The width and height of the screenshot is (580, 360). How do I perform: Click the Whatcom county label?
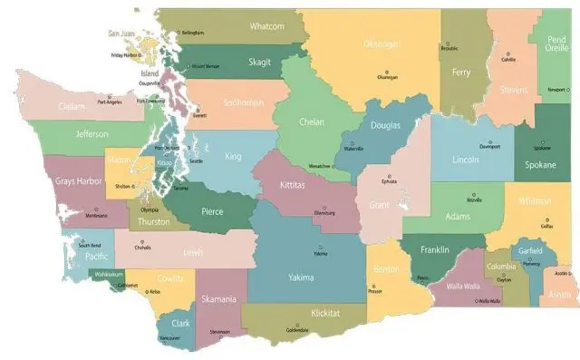coord(267,26)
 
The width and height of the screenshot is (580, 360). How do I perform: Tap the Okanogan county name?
coord(382,44)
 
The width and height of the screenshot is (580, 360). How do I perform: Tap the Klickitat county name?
coord(324,313)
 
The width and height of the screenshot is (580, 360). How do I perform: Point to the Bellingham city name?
coord(193,33)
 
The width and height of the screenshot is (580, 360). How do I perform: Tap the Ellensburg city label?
coord(324,214)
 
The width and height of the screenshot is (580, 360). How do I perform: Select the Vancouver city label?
coord(169,338)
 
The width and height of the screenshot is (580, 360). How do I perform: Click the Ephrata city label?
coord(390,181)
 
